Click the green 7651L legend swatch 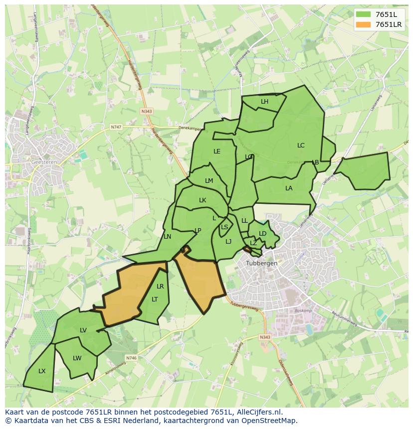(x=364, y=14)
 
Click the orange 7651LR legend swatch (x=364, y=24)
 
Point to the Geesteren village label (x=44, y=162)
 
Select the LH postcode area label (x=264, y=102)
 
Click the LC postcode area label (x=301, y=145)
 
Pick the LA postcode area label (x=289, y=188)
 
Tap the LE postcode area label (x=217, y=151)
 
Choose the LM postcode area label (x=209, y=181)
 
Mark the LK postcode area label (x=203, y=200)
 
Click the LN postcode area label (x=168, y=237)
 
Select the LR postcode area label (x=160, y=286)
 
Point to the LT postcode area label (x=155, y=299)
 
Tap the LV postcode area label (x=83, y=330)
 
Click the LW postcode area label (x=77, y=358)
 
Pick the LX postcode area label (x=42, y=371)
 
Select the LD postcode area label (x=263, y=234)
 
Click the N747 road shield (x=116, y=127)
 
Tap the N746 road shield (x=131, y=358)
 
